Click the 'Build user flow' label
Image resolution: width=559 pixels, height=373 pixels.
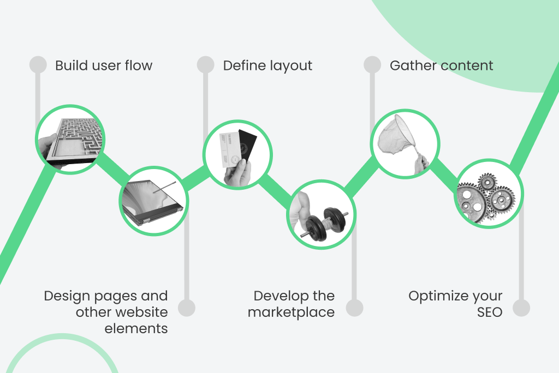(104, 66)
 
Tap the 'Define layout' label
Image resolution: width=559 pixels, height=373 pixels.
(267, 66)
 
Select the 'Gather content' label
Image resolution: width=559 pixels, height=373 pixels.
(441, 66)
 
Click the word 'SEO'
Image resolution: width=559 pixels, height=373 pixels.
(489, 312)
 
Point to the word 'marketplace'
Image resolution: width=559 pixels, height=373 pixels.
(291, 312)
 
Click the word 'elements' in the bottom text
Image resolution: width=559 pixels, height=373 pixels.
(136, 329)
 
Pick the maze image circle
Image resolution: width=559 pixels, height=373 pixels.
(70, 140)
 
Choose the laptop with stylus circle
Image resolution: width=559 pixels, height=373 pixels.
(153, 201)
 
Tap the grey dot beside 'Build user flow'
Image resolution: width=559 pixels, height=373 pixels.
(38, 64)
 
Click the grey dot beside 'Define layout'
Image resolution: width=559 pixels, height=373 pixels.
(205, 64)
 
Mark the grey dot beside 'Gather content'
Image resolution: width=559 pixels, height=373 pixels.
(372, 64)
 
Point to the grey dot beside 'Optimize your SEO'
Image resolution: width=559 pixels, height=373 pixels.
(521, 308)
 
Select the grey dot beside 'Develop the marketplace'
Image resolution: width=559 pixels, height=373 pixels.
(354, 308)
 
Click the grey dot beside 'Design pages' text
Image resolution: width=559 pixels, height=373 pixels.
(187, 308)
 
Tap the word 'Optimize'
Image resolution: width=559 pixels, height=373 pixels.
(435, 296)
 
